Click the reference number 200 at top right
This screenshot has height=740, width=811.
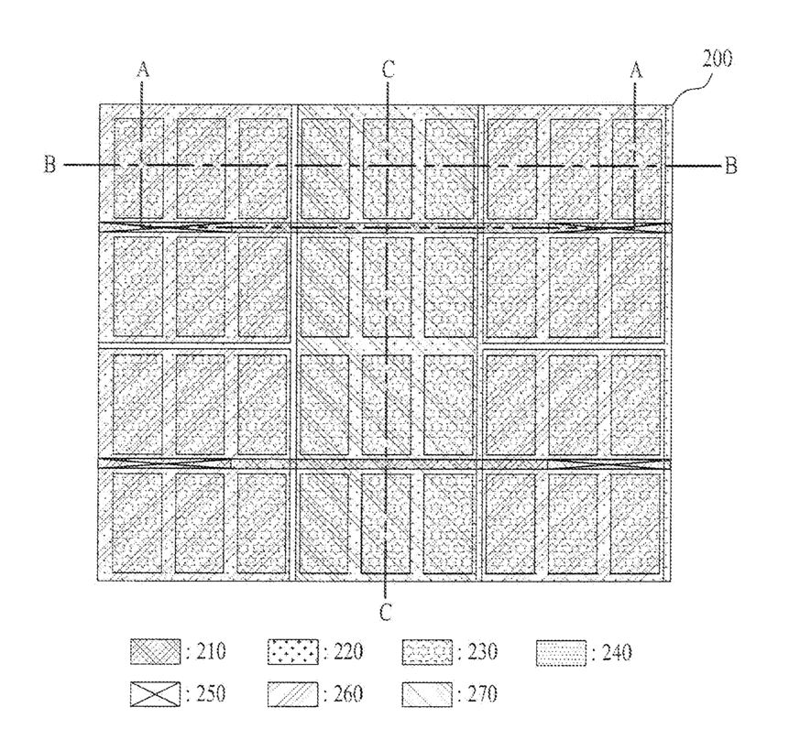click(717, 61)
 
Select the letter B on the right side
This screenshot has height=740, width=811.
click(730, 166)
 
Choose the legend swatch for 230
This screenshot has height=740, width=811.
click(427, 652)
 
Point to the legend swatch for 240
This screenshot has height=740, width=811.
click(561, 652)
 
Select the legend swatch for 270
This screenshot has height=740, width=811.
click(427, 693)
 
